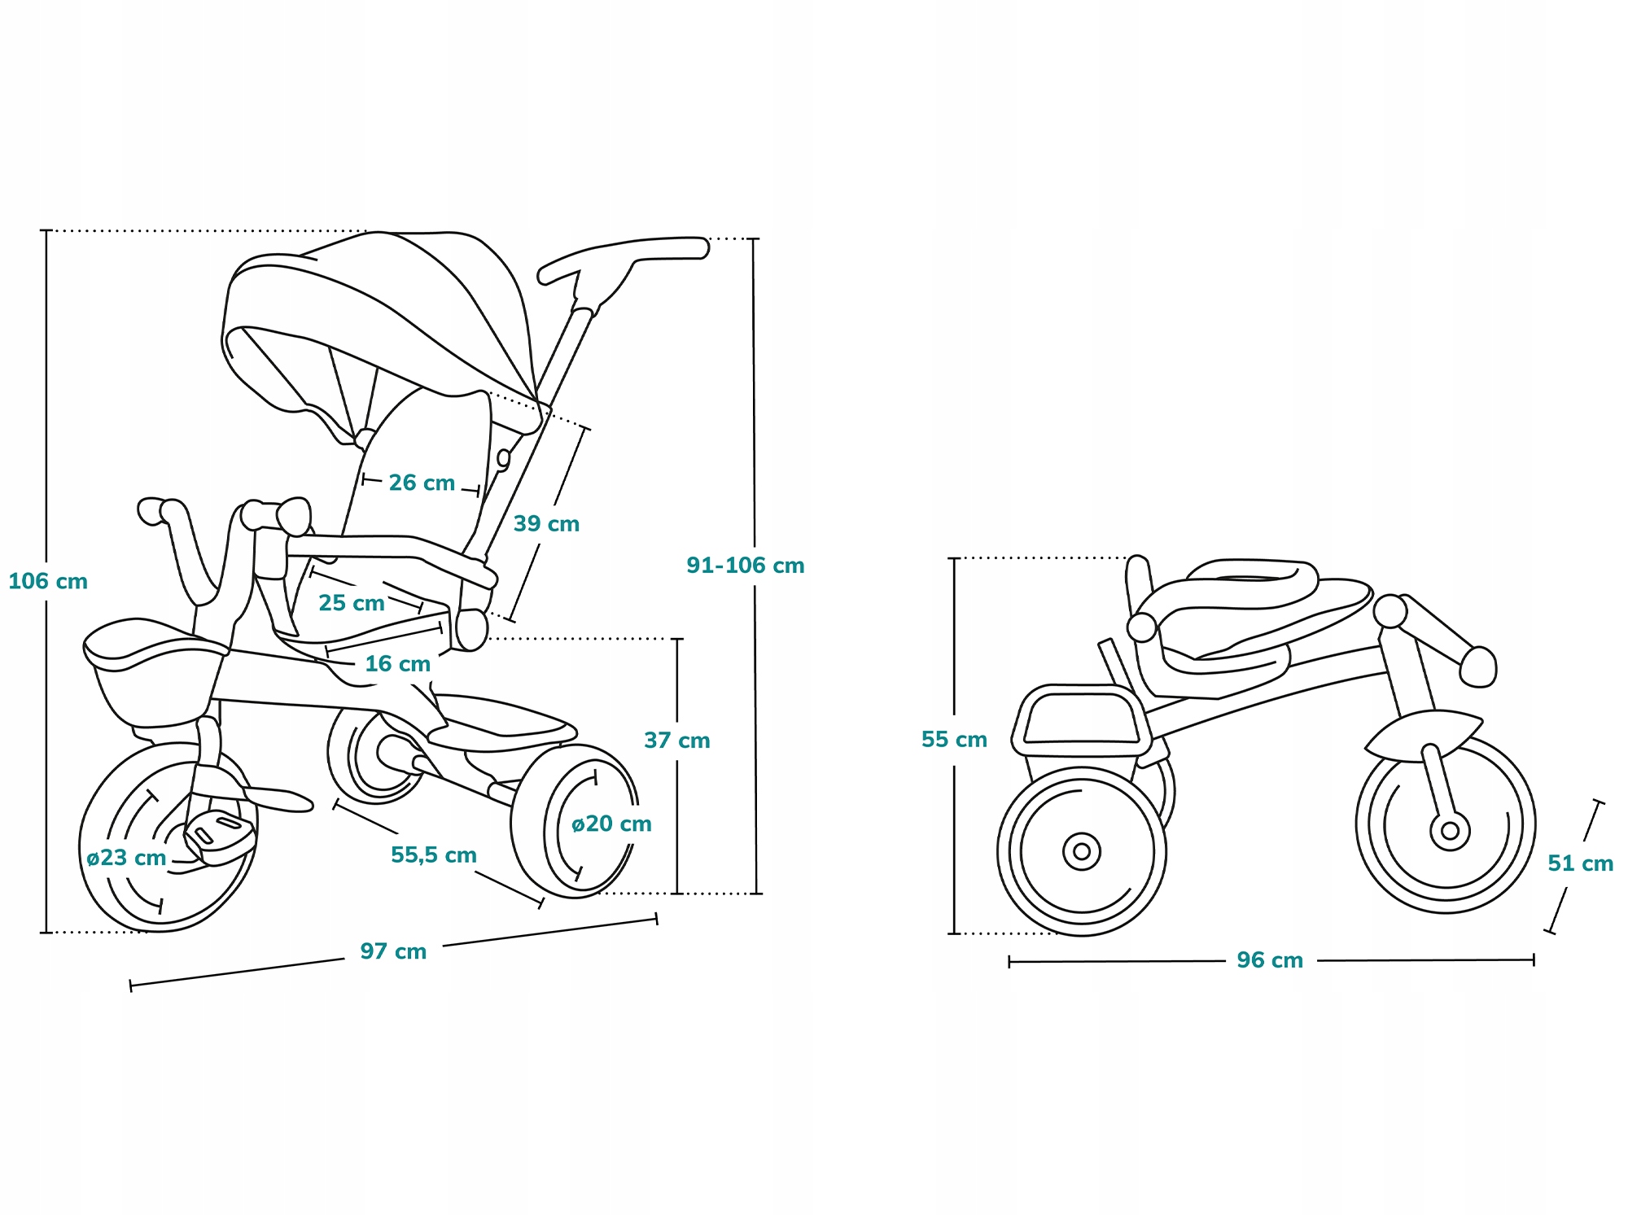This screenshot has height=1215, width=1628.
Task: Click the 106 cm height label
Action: [x=48, y=581]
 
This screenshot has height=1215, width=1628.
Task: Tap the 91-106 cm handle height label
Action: [x=745, y=565]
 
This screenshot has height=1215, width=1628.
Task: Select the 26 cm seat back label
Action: [x=422, y=483]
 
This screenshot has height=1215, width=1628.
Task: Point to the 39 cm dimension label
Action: [x=546, y=523]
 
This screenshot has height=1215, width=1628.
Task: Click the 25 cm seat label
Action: [x=351, y=603]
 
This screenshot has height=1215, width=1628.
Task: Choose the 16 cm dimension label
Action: [x=397, y=663]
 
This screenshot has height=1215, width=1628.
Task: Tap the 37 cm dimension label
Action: [x=676, y=740]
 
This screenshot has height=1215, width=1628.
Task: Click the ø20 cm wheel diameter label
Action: [x=611, y=824]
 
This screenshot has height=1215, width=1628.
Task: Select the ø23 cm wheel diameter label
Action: [x=126, y=857]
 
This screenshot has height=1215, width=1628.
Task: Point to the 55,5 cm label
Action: [x=433, y=854]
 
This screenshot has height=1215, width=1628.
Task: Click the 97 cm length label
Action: [x=393, y=951]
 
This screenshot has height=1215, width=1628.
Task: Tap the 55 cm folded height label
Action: [x=954, y=739]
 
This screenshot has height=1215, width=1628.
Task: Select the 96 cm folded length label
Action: [x=1269, y=959]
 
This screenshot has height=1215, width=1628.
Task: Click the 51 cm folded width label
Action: [x=1580, y=863]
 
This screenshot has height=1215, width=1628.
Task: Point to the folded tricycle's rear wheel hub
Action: [x=1082, y=851]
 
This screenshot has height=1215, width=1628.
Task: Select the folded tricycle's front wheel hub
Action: [x=1450, y=831]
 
